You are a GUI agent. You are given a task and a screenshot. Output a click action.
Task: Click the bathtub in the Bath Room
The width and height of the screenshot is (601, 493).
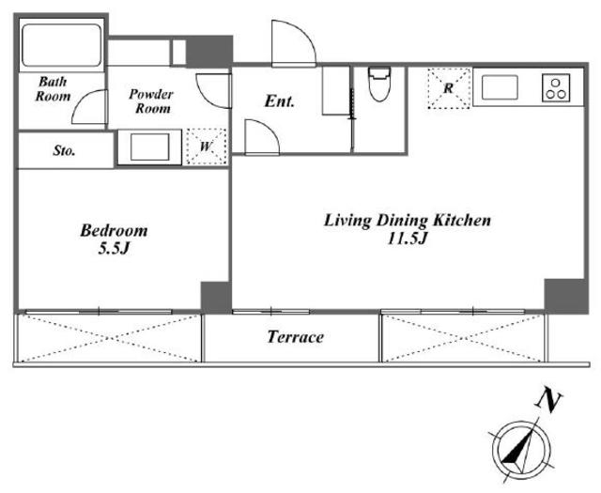61,45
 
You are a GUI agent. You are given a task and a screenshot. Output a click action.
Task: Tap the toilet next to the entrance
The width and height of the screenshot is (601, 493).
379,84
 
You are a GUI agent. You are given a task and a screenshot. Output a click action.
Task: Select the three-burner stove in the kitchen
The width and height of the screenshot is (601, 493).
556,87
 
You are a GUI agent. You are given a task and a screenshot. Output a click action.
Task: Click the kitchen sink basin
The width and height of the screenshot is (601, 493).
500,87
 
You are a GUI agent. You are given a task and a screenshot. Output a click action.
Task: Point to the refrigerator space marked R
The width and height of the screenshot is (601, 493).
449,88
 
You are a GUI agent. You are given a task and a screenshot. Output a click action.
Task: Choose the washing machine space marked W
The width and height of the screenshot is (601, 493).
207,146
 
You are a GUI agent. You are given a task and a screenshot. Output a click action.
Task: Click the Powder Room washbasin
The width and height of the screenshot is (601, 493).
149,147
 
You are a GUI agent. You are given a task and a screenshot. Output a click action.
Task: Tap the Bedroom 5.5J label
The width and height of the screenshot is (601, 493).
114,239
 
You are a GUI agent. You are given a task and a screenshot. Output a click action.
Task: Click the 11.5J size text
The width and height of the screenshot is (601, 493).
407,239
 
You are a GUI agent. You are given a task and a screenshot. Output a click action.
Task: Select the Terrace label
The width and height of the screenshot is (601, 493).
295,337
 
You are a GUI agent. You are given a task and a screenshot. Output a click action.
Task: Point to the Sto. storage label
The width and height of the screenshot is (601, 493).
64,150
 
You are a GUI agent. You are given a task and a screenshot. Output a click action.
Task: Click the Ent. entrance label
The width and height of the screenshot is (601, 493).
280,101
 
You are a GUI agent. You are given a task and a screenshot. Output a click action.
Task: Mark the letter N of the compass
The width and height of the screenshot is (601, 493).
548,401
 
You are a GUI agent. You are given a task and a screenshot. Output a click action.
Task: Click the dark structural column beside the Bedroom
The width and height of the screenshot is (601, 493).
216,298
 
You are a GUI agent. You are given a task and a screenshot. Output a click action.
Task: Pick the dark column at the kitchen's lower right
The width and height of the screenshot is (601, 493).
565,296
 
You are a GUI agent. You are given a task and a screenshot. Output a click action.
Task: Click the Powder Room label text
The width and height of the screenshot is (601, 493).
151,101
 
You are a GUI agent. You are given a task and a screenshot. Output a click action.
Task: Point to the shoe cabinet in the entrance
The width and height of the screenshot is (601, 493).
336,91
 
